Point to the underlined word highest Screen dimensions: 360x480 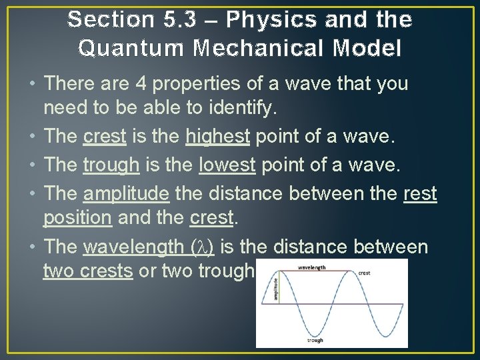click(x=217, y=136)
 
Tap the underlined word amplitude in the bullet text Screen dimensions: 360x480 click(x=126, y=193)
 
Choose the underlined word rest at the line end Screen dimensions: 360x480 click(x=420, y=193)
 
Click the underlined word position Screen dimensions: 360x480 click(x=77, y=218)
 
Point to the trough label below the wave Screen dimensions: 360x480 click(x=315, y=340)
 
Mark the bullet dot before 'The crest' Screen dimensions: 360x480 click(x=33, y=136)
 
